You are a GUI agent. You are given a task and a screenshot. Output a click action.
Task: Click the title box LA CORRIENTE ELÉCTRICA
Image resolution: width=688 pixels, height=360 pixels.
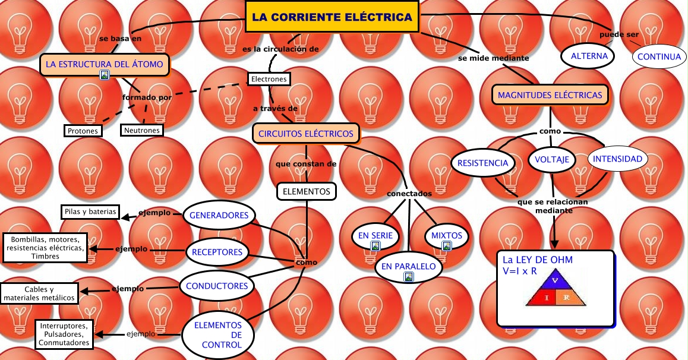pyautogui.click(x=332, y=17)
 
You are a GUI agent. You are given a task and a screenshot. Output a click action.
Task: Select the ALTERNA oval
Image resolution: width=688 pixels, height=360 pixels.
pyautogui.click(x=589, y=56)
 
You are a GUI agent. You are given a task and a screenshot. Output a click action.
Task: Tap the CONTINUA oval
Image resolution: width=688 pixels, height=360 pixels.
pyautogui.click(x=658, y=57)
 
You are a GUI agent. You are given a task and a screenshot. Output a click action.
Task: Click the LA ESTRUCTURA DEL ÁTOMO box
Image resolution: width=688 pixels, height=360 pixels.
pyautogui.click(x=104, y=64)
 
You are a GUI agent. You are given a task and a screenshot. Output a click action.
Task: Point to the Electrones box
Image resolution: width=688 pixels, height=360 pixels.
pyautogui.click(x=269, y=79)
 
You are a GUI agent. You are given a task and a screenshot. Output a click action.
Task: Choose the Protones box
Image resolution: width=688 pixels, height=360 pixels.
pyautogui.click(x=83, y=130)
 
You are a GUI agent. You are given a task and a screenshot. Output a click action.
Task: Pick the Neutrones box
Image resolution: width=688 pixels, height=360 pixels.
pyautogui.click(x=141, y=130)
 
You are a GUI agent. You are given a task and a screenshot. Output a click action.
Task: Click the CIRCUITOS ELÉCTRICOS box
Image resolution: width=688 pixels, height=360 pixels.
pyautogui.click(x=306, y=134)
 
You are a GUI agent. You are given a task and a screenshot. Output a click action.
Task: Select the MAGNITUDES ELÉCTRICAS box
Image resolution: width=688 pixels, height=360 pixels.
pyautogui.click(x=550, y=94)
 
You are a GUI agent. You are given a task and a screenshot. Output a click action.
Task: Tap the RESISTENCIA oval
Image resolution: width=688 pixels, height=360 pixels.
pyautogui.click(x=482, y=163)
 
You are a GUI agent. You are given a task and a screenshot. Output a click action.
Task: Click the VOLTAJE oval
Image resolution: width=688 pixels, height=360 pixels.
pyautogui.click(x=552, y=159)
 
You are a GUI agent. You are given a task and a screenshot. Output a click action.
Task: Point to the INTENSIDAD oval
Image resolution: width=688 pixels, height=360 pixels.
pyautogui.click(x=617, y=159)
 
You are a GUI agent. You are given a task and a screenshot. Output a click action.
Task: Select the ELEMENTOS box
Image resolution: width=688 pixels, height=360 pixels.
pyautogui.click(x=306, y=191)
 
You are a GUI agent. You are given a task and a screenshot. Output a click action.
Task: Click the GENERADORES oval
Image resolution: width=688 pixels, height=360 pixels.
pyautogui.click(x=219, y=215)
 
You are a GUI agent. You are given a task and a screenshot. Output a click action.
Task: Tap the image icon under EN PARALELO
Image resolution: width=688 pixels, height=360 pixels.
pyautogui.click(x=408, y=277)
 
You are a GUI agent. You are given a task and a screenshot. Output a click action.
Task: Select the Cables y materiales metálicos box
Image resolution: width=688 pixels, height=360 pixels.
pyautogui.click(x=40, y=293)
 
